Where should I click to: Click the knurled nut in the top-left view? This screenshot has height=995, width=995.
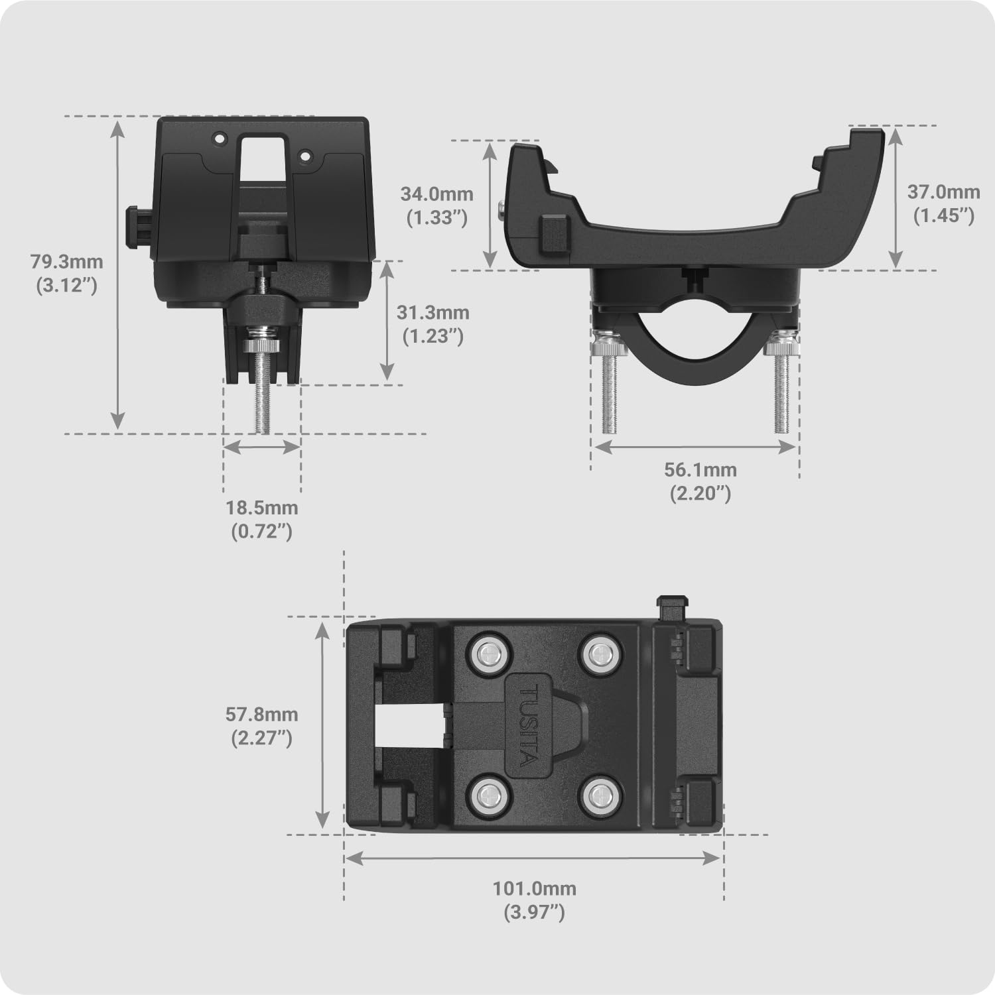263,346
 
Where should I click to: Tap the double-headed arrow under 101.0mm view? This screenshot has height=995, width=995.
533,858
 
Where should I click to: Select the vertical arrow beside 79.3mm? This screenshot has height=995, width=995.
118,274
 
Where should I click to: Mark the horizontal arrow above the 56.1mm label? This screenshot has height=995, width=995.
695,447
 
